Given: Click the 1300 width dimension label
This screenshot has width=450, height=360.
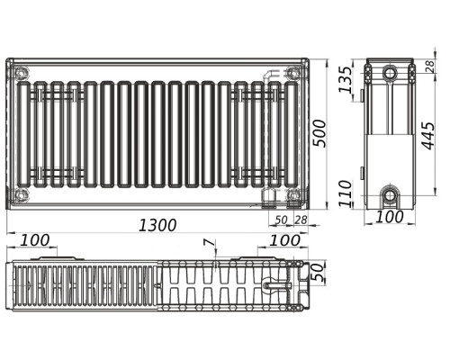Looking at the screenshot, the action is click(x=157, y=225).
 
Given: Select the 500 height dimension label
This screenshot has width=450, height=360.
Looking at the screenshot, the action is click(x=319, y=133).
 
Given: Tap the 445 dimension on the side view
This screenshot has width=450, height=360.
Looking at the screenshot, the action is click(x=427, y=136).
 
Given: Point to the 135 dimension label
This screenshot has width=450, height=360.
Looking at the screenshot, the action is click(x=345, y=79).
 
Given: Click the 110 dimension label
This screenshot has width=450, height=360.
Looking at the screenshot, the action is click(x=345, y=193).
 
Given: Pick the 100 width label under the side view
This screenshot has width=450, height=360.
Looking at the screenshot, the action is click(x=389, y=217).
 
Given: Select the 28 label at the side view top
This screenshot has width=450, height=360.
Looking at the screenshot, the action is click(x=430, y=67).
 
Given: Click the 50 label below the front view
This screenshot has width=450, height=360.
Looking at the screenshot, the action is click(x=281, y=220).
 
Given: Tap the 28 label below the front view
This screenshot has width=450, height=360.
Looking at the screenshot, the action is click(x=301, y=220).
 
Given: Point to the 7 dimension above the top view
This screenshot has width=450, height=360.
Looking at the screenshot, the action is click(x=213, y=244).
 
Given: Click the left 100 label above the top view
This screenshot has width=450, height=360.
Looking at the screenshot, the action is click(x=35, y=240).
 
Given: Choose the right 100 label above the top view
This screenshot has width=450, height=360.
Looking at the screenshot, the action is click(x=284, y=240).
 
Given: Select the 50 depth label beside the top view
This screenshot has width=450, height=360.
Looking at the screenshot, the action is click(x=319, y=273).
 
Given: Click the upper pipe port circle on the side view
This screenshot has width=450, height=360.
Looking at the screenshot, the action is click(x=390, y=72).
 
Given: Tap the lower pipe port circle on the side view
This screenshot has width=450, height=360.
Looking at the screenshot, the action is click(x=390, y=196).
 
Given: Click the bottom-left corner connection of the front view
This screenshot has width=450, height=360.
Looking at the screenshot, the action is click(x=22, y=195).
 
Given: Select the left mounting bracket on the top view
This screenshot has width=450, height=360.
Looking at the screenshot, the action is click(x=57, y=258).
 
